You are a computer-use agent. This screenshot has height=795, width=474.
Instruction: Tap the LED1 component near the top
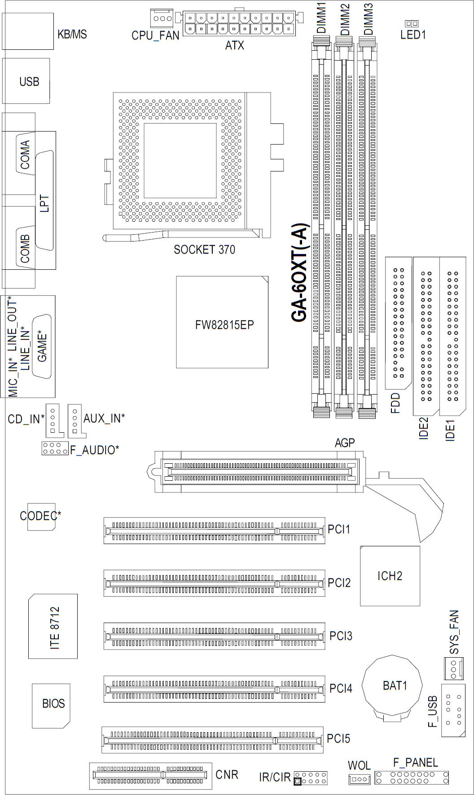point(412,23)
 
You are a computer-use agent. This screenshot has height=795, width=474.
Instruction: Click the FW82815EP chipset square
point(222,322)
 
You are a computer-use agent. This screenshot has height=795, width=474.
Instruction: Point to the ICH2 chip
point(390,575)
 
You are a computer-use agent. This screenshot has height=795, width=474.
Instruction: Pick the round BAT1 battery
point(393,686)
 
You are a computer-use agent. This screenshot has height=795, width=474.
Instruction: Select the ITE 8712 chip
point(53,626)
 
